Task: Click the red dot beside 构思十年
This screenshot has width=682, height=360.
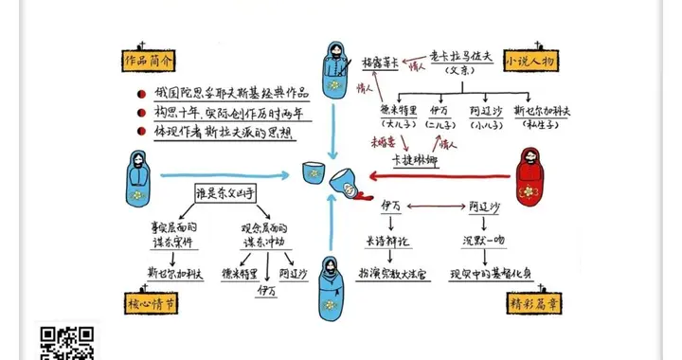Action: click(x=140, y=113)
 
